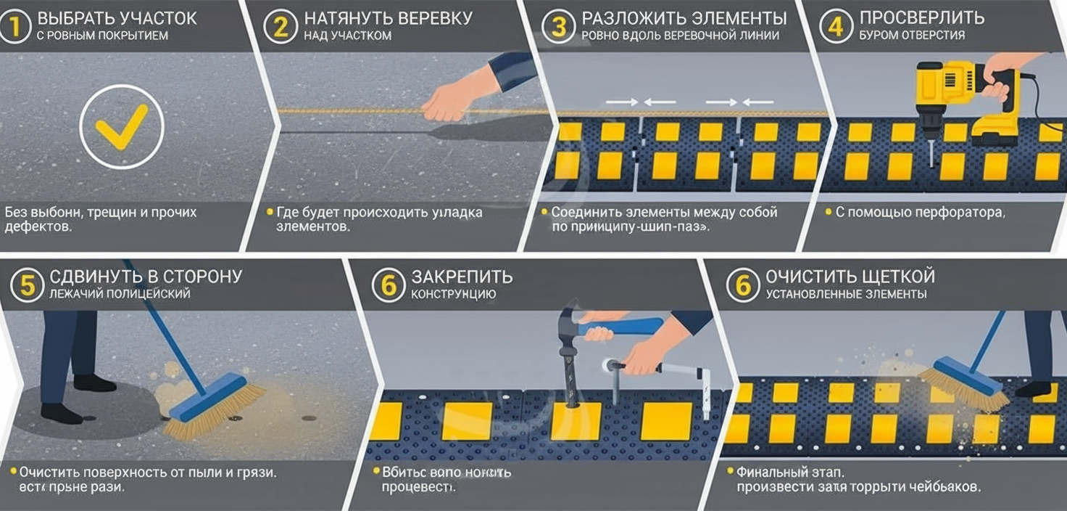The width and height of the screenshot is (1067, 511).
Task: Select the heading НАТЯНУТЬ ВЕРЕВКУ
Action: coord(389,18)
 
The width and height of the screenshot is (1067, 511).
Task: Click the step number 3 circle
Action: coord(559,25)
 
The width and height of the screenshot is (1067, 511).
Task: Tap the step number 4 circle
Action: coord(835,25)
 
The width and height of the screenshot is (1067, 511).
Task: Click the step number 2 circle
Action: coord(281,25)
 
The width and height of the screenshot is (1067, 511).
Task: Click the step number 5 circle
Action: coord(27,285)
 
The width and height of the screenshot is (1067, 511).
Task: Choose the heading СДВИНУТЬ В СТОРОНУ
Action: coord(145,277)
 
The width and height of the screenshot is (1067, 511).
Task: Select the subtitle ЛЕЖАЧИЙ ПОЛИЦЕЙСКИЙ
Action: coord(120,294)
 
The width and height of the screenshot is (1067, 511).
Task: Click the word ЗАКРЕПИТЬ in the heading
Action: coord(462,277)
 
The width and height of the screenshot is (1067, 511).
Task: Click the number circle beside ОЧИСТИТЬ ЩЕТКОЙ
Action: coord(743,285)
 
